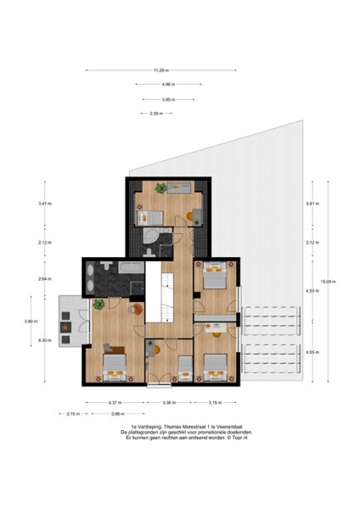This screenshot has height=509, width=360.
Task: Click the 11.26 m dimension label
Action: pos(161,70)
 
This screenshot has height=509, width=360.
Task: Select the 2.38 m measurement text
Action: pos(155,113)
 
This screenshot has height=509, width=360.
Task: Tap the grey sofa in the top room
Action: pos(180,191)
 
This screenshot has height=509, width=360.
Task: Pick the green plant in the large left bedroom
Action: pos(99,304)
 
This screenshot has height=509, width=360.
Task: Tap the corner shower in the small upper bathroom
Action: pos(149,236)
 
